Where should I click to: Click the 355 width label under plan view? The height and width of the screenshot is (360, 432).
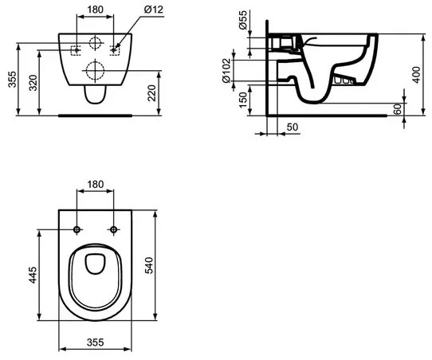click(96, 345)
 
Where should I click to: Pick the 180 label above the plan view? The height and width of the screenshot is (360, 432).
click(96, 185)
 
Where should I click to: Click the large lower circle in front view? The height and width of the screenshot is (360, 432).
click(96, 70)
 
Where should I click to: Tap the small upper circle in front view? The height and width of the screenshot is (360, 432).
click(96, 44)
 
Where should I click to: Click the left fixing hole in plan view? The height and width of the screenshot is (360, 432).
click(77, 230)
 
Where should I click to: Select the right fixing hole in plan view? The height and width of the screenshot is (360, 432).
click(114, 230)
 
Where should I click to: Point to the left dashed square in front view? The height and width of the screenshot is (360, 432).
click(77, 50)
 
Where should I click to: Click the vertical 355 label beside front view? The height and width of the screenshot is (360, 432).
click(10, 78)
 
